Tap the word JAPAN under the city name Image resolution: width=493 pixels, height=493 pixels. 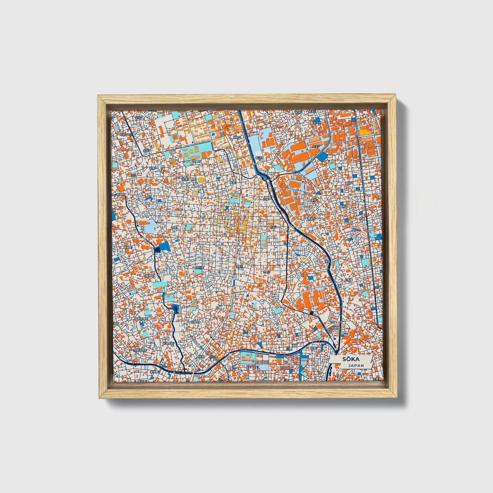point(356,365)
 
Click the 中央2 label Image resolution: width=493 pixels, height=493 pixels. point(272,226)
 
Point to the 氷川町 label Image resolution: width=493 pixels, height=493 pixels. point(199,267)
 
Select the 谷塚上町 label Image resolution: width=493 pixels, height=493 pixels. point(194,321)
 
